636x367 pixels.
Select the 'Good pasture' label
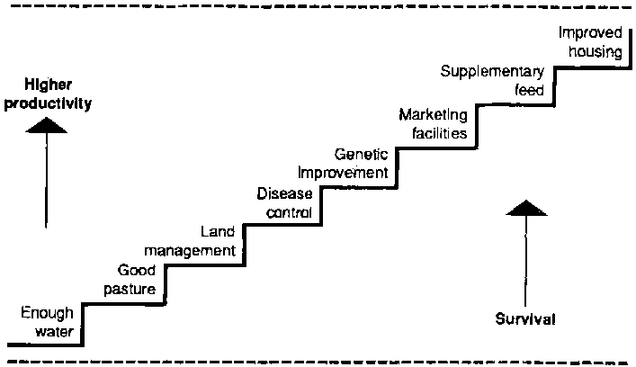coord(138,280)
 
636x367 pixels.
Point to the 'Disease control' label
coord(284,202)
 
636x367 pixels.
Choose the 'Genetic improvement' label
coord(344,163)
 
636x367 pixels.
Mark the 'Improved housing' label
coord(590,41)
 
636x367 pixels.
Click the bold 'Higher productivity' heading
coord(47,95)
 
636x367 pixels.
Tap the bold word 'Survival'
coord(525,319)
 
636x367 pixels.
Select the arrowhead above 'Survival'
coord(525,209)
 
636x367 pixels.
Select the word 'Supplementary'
coord(493,72)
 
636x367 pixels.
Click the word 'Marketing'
coord(434,114)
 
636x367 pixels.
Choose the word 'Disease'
coord(284,193)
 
